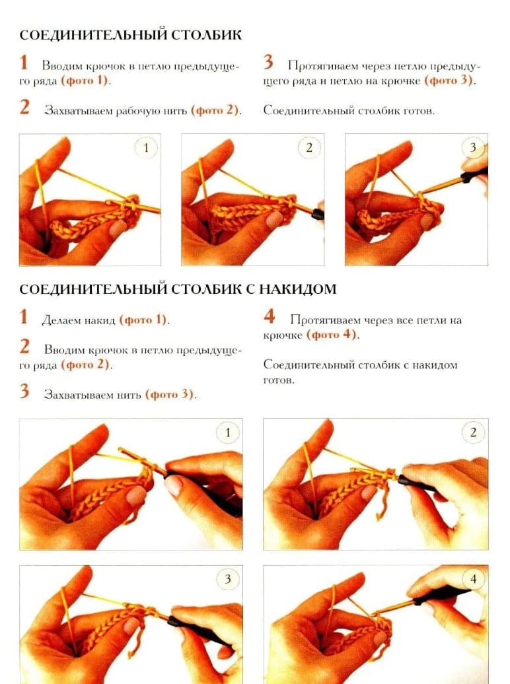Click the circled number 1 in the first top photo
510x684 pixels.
(146, 148)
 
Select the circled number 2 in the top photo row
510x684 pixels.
(309, 148)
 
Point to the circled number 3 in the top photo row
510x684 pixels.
(472, 148)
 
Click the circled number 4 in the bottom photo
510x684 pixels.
(473, 579)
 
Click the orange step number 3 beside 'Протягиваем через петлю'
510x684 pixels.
(268, 62)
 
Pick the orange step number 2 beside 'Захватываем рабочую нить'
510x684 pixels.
(24, 108)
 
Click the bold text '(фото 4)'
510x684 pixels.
(332, 335)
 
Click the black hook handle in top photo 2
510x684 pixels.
(318, 213)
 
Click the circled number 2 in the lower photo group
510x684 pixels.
(473, 433)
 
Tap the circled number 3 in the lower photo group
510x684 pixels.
(227, 579)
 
